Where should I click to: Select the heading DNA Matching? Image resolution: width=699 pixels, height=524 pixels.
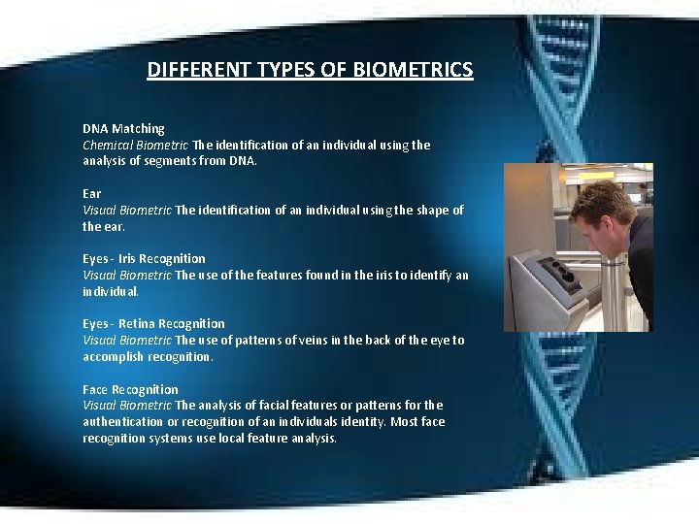coord(123,128)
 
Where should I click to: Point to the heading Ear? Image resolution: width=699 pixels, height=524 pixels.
coord(91,193)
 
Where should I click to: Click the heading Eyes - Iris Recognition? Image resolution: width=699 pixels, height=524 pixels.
coord(144,258)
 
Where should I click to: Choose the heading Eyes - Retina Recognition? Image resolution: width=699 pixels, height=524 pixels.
coord(153,323)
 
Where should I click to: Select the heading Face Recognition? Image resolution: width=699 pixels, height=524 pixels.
coord(130,389)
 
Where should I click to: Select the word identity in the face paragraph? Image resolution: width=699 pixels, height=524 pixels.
coord(360,422)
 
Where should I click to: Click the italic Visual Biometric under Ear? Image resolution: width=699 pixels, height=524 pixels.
coord(127,210)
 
